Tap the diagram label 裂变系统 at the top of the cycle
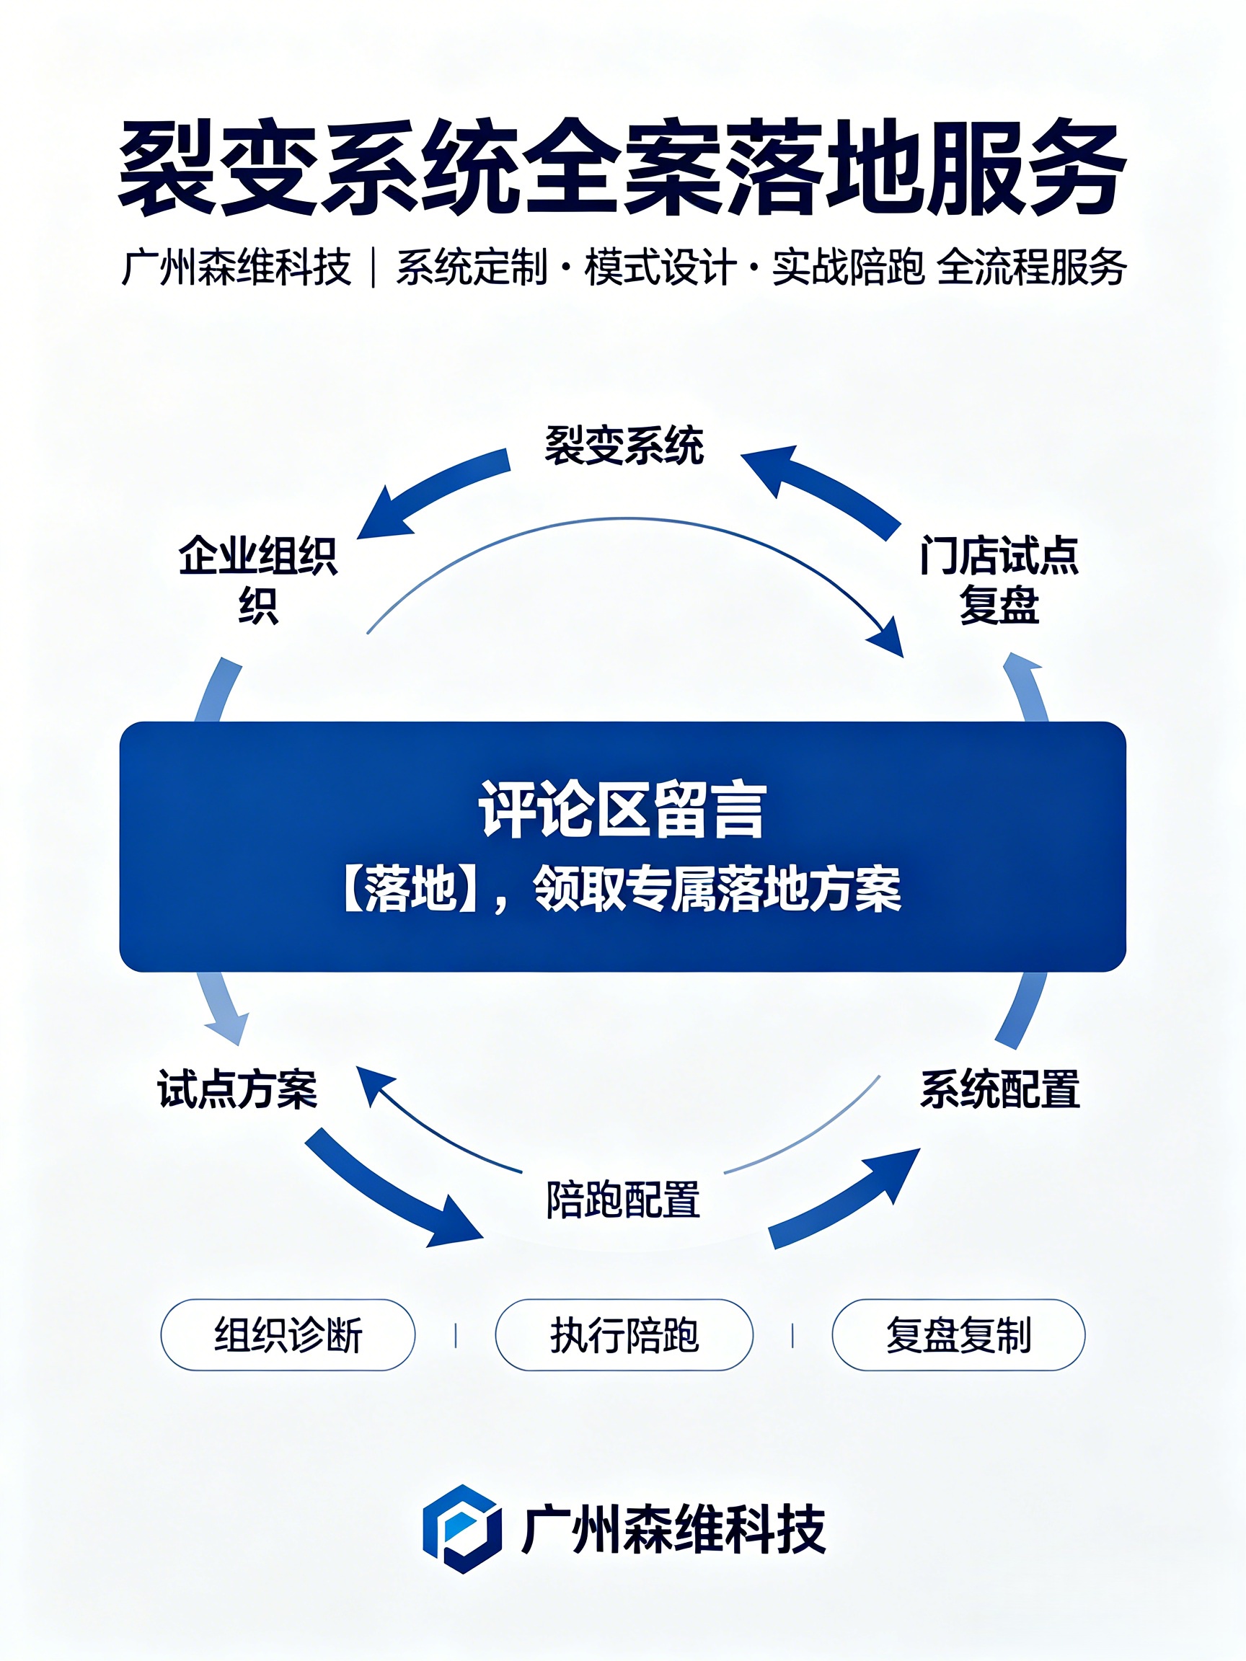tap(624, 446)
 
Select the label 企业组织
tap(257, 579)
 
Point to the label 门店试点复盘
tap(999, 579)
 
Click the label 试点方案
tap(237, 1089)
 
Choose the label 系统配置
tap(999, 1089)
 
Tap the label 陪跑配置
tap(624, 1199)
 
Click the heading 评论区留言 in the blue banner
tap(622, 810)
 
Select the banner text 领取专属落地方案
tap(717, 889)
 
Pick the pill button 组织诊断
tap(288, 1335)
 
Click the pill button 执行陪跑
tap(624, 1335)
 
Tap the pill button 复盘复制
tap(958, 1335)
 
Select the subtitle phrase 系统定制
tap(472, 267)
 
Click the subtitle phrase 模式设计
tap(660, 267)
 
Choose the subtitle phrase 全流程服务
tap(1032, 267)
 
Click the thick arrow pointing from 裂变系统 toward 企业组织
tap(431, 491)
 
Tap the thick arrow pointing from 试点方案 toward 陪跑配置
tap(392, 1191)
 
